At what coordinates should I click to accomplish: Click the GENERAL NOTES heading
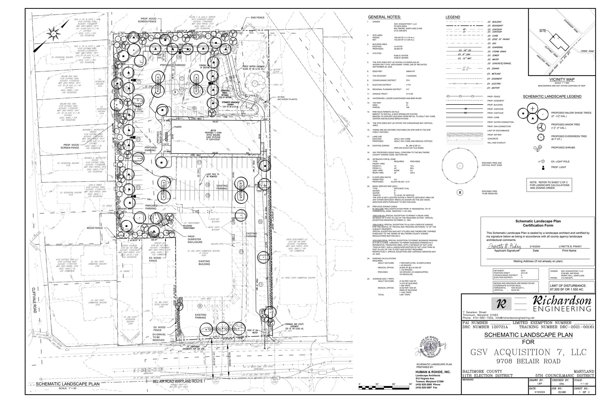384,17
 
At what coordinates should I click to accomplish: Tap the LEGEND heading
452,17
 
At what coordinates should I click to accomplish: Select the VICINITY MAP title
562,79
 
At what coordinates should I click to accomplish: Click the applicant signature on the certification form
504,247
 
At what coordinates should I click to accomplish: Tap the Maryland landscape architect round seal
432,348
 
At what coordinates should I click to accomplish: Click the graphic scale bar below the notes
385,387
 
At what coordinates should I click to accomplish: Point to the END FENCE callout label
257,17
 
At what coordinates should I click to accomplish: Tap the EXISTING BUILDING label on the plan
204,263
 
